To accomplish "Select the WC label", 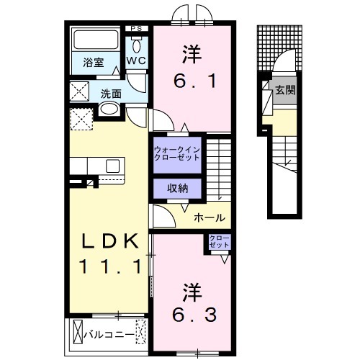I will tap(137, 63).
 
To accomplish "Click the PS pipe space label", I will tap(137, 29).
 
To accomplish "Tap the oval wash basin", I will tap(109, 109).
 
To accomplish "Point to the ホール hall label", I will tap(209, 217).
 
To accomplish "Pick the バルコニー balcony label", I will tap(108, 334).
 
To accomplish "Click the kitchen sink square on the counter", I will tap(112, 166).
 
